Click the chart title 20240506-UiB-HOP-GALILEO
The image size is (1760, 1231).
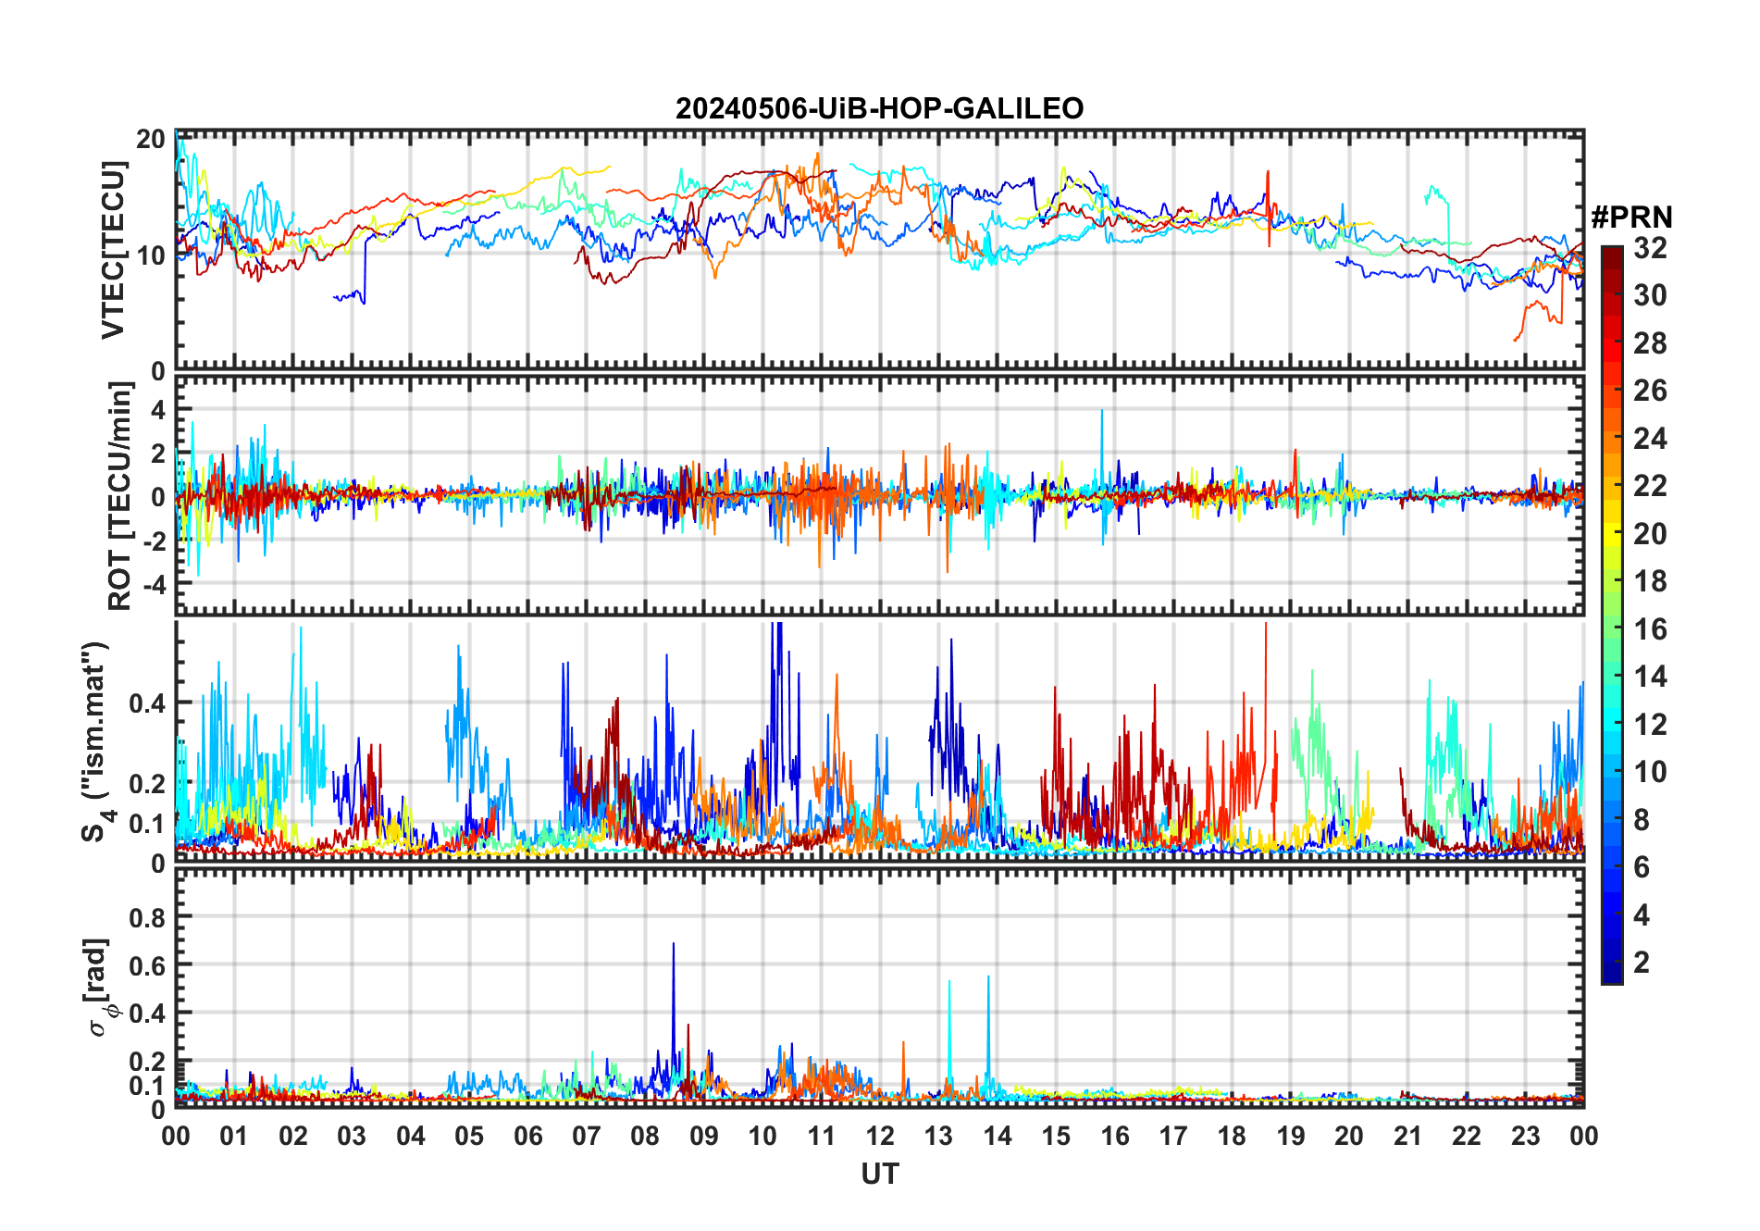pos(879,108)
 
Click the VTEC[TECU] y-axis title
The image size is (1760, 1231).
pos(113,250)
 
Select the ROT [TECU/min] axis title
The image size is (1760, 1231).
pos(119,496)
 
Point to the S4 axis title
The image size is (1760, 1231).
pos(96,740)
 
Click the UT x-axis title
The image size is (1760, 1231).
pos(879,1174)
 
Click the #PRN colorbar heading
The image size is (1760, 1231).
pos(1631,218)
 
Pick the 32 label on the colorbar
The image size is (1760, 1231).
pos(1650,248)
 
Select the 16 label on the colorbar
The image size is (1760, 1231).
pos(1650,629)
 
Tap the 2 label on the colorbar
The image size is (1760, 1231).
pos(1642,963)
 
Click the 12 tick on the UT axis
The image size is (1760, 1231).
pos(880,1136)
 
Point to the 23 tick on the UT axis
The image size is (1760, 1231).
pos(1525,1136)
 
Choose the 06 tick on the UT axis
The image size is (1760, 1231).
pos(527,1136)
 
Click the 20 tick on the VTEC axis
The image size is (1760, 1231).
pos(150,139)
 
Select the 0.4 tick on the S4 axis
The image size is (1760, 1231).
pos(147,703)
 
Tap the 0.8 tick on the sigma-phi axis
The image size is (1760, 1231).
pos(147,917)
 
